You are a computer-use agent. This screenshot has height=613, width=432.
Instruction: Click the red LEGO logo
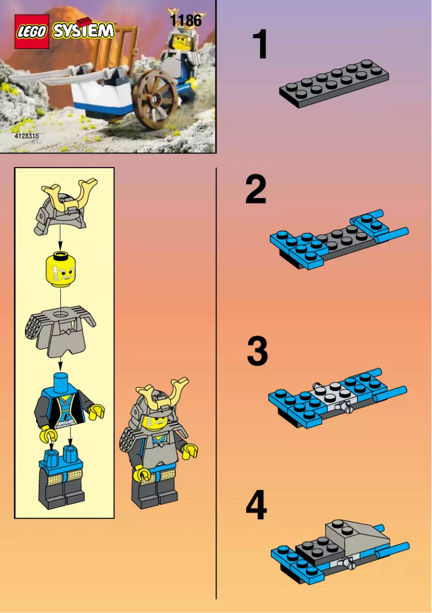tap(32, 32)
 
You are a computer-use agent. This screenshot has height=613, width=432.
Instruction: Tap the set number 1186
tap(185, 21)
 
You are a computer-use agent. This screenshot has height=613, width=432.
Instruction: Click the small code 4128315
tap(26, 136)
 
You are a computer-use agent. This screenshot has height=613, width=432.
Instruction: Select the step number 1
tap(260, 45)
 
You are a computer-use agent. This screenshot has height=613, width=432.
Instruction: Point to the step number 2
tap(256, 191)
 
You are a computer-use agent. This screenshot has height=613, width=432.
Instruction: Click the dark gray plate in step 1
tap(334, 83)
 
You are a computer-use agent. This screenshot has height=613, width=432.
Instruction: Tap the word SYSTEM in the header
tap(83, 31)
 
